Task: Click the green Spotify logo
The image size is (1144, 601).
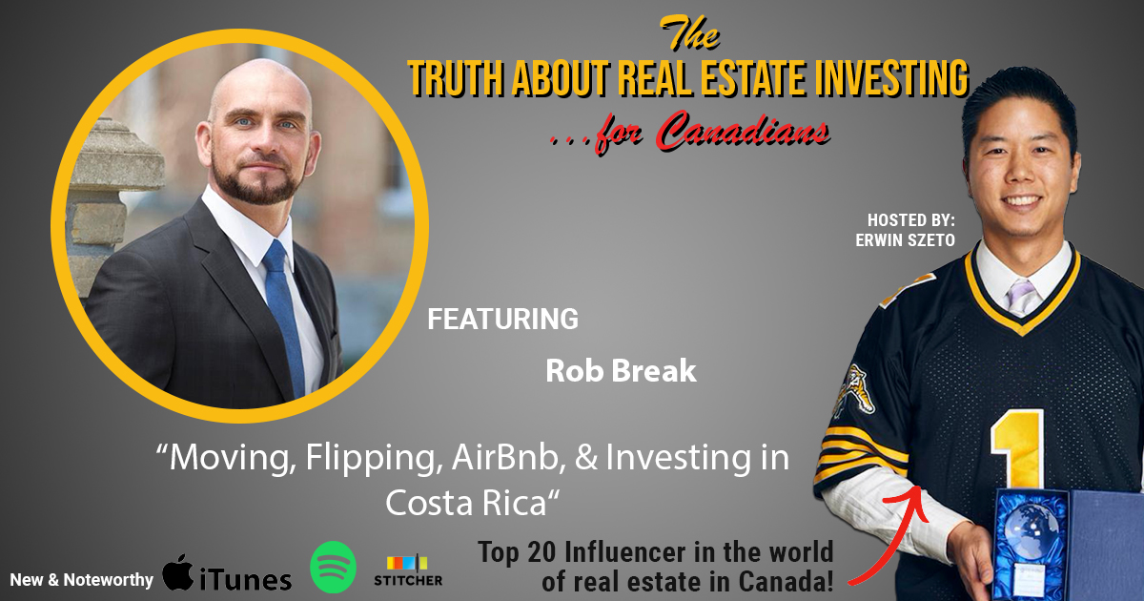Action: tap(333, 567)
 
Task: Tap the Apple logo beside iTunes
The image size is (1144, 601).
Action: tap(178, 572)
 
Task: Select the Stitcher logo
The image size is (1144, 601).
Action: tap(408, 570)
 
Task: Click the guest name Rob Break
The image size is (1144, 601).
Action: tap(621, 370)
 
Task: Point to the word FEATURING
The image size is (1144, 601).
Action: tap(502, 319)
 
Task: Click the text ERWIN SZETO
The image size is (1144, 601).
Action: tap(905, 240)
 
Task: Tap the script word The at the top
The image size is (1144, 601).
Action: tap(689, 32)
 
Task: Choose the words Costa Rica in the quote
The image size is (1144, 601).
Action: tap(466, 503)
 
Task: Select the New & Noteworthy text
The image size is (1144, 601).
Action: tap(82, 580)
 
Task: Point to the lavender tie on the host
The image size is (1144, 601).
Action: tap(1021, 297)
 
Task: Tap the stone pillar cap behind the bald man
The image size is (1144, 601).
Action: tap(116, 154)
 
